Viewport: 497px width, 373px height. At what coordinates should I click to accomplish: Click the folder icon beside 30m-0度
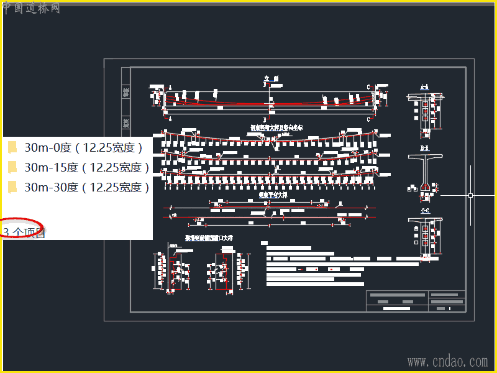point(12,147)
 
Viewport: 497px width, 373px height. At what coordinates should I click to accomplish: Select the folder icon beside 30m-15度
point(12,167)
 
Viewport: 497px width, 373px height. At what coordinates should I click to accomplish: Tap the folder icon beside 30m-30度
point(12,187)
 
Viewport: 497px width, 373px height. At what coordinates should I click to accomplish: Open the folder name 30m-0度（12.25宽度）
point(84,147)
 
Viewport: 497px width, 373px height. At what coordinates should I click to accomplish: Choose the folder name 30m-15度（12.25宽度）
point(87,167)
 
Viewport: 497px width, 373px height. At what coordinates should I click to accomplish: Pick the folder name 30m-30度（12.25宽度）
point(87,187)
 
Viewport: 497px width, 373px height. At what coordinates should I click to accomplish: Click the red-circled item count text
point(24,232)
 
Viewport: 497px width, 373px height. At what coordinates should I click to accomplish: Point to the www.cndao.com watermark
point(447,361)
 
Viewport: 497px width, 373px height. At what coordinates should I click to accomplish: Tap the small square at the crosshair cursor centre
point(470,195)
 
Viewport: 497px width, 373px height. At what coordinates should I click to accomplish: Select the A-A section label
point(424,86)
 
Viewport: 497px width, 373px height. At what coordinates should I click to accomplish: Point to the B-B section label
point(425,149)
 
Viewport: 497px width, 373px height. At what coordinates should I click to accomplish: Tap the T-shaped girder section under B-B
point(425,171)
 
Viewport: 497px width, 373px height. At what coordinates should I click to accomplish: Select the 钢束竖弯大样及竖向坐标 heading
point(276,127)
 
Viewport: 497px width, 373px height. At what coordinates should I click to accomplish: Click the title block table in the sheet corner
point(416,301)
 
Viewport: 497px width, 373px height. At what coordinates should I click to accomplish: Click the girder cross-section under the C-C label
point(425,233)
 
